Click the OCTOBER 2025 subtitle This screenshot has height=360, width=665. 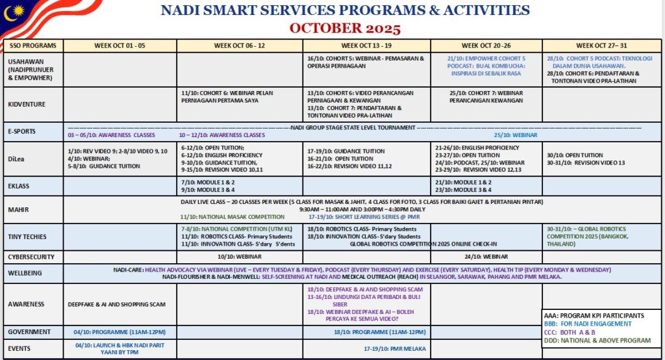(x=345, y=29)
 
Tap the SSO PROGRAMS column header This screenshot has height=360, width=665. (x=33, y=45)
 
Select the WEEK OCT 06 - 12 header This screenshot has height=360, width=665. (x=239, y=45)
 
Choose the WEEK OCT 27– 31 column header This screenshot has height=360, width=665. (x=602, y=45)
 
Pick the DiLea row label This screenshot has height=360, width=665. (x=16, y=158)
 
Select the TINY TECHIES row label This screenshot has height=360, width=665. (x=27, y=237)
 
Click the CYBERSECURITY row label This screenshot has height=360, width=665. (x=31, y=257)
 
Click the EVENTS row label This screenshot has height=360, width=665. (x=19, y=348)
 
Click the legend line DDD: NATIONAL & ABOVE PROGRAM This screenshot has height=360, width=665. (x=597, y=340)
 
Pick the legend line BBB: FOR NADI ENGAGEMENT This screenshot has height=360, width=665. (x=588, y=324)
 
